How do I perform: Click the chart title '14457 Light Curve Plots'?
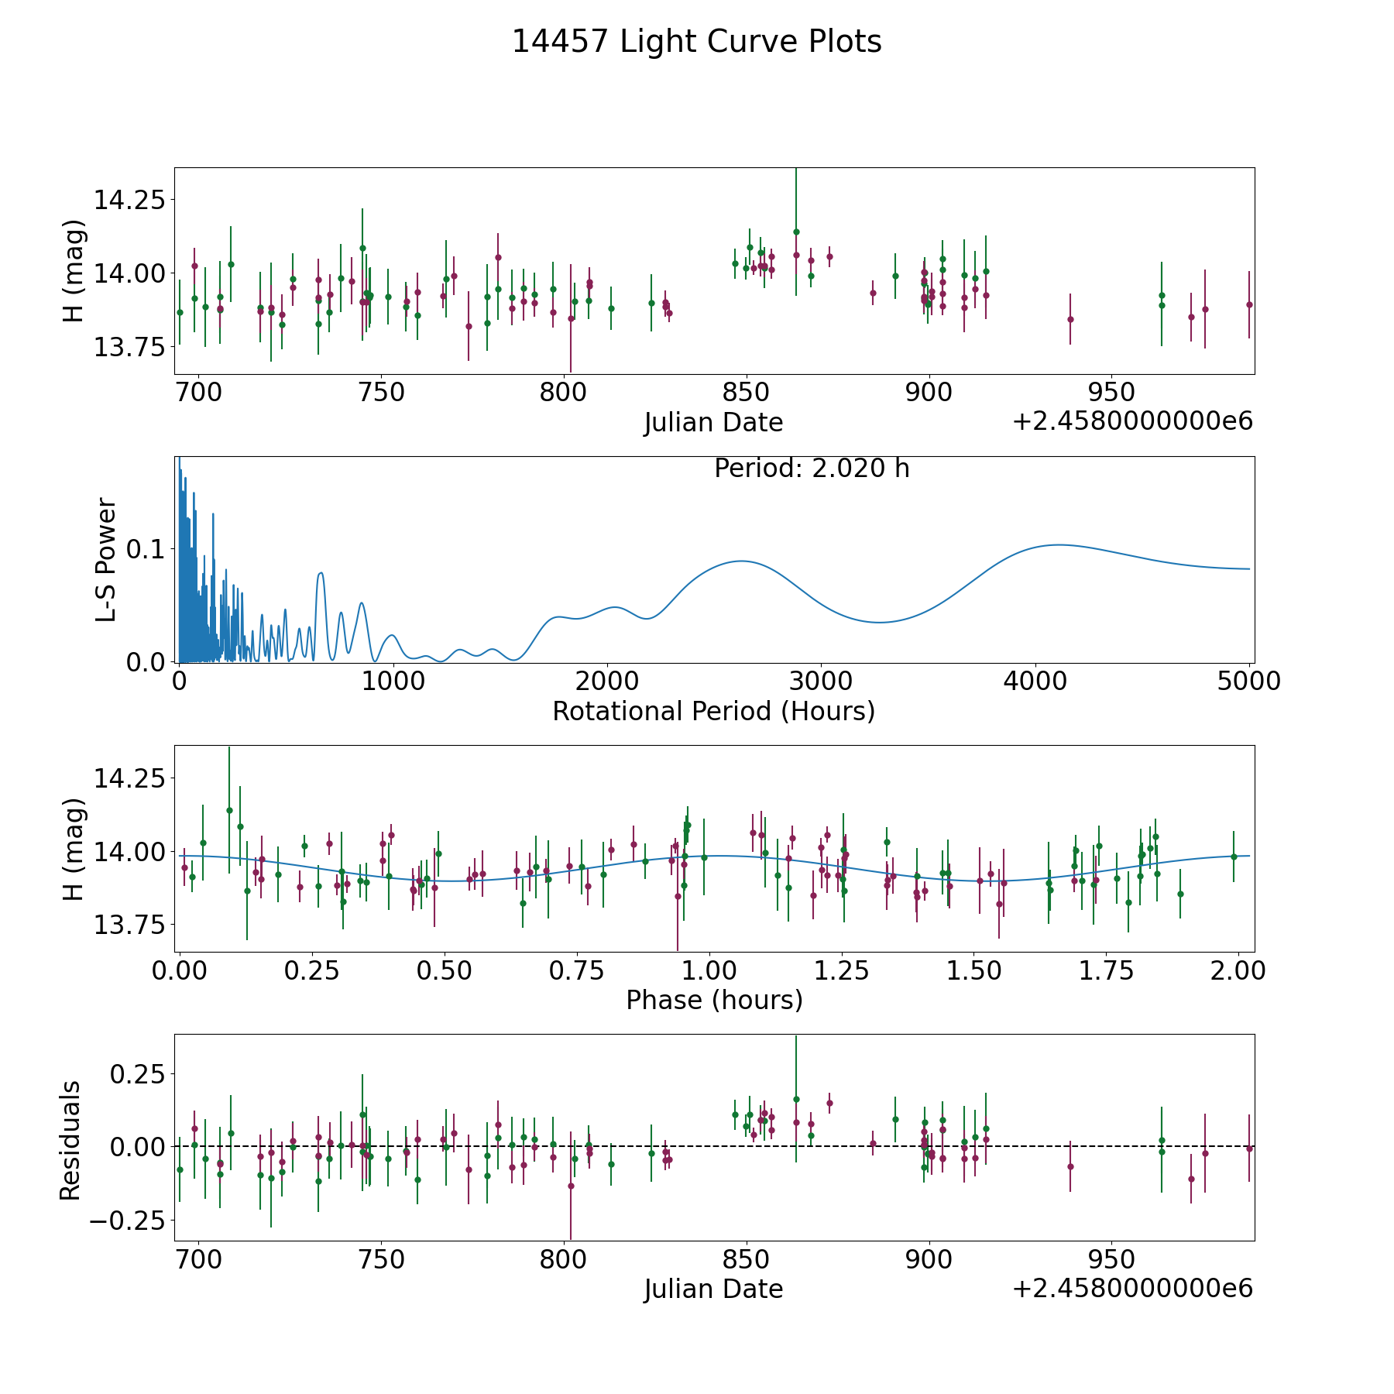[696, 42]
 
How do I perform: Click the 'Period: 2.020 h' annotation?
[812, 469]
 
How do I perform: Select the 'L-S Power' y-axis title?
[107, 559]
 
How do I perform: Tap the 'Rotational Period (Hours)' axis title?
[713, 711]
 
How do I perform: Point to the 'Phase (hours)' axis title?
[714, 1000]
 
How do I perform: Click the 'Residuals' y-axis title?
[70, 1141]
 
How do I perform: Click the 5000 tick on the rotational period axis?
[1248, 682]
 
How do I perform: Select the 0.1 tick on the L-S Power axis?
[146, 549]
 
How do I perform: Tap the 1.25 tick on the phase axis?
[843, 970]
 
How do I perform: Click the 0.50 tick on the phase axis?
[445, 970]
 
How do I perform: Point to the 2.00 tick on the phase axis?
[1240, 970]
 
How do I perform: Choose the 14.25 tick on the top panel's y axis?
[129, 200]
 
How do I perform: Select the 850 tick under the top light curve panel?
[747, 393]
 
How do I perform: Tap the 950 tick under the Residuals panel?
[1111, 1259]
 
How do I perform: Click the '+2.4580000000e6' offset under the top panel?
[1132, 421]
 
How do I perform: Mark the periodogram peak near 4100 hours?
[1057, 544]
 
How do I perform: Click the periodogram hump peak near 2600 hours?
[741, 561]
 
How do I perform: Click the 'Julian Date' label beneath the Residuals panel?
[713, 1289]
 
